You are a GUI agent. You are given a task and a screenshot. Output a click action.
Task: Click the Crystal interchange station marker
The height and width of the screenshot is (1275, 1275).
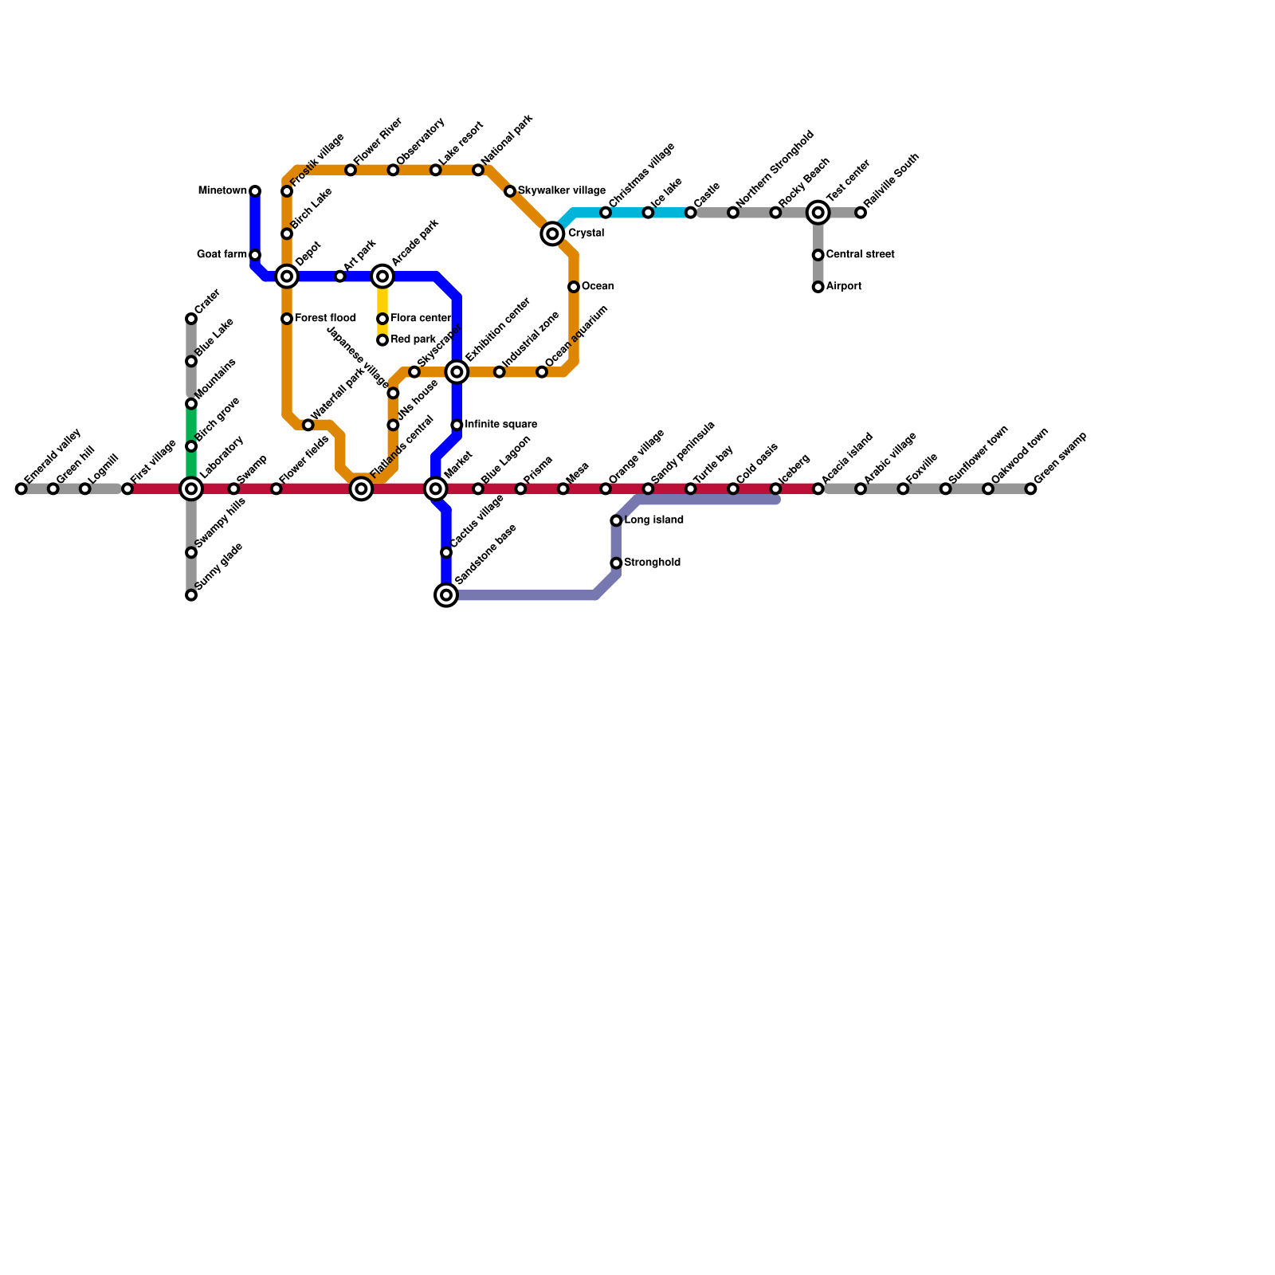tap(552, 233)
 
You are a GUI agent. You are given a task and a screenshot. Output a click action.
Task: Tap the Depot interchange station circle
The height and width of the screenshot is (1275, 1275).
tap(287, 277)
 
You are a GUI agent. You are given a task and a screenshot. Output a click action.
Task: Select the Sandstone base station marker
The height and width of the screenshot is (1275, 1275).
tap(446, 594)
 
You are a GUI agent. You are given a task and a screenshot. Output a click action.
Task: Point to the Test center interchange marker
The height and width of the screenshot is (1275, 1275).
tap(818, 213)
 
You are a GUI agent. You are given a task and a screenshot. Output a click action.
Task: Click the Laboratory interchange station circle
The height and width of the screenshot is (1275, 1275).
tap(191, 488)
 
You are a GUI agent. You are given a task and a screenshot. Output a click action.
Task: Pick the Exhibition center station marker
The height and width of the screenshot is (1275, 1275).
tap(457, 372)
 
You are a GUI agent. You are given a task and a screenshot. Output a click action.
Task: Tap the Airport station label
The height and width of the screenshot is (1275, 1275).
tap(843, 287)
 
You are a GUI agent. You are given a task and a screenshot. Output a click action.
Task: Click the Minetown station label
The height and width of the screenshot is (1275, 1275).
tap(222, 191)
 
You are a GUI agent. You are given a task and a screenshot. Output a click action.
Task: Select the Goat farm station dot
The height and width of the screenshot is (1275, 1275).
tap(255, 255)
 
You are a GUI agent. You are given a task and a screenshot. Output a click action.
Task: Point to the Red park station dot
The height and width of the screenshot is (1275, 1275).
tap(382, 340)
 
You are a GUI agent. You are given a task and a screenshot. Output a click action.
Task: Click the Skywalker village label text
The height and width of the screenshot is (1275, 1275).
tap(561, 191)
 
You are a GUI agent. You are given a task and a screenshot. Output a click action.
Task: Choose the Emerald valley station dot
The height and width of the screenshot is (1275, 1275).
tap(21, 488)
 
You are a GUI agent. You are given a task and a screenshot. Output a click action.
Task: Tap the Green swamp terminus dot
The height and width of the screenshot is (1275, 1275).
tap(1030, 488)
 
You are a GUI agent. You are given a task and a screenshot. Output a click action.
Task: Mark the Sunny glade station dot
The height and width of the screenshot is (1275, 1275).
tap(191, 595)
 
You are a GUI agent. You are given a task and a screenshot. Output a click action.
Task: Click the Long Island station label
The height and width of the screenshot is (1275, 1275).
tap(653, 520)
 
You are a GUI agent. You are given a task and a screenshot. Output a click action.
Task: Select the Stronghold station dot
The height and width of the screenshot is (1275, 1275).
tap(616, 563)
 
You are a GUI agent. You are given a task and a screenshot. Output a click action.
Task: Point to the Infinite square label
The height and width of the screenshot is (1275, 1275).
tap(500, 425)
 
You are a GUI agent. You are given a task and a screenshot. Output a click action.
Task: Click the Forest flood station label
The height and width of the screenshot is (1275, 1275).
tap(325, 319)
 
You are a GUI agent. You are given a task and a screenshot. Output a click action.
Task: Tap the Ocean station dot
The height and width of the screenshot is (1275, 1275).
tap(574, 287)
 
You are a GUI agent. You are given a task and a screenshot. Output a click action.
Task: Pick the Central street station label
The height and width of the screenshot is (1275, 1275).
tap(860, 255)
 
